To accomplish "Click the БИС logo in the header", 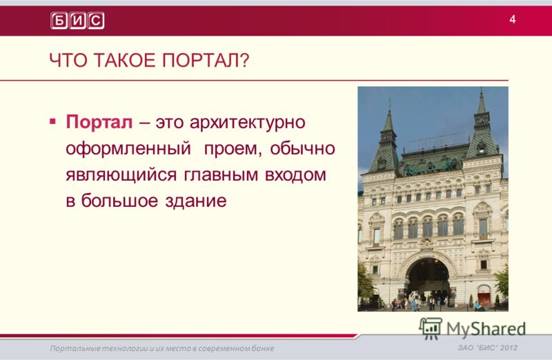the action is tap(77, 21).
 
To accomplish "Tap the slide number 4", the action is tap(513, 19).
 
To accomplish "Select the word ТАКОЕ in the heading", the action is tap(125, 60).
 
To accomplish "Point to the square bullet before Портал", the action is tap(53, 122).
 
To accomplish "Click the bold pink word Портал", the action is tap(99, 122).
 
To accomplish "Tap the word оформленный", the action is tap(128, 149).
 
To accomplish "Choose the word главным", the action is tap(221, 175).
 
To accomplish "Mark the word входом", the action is tap(295, 175).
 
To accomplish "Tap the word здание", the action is tap(196, 201).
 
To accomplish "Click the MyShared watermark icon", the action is tap(430, 328).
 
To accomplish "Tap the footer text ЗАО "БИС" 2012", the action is tap(488, 348).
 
